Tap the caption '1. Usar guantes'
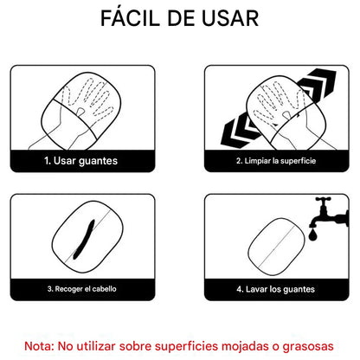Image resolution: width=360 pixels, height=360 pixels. click(81, 160)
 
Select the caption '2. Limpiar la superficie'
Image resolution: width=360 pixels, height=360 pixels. click(277, 160)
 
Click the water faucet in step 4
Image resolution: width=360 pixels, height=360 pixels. click(325, 210)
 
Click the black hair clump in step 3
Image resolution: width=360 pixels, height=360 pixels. click(84, 238)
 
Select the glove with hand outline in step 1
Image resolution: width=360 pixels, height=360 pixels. click(89, 109)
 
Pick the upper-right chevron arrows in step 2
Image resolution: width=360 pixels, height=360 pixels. click(318, 92)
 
